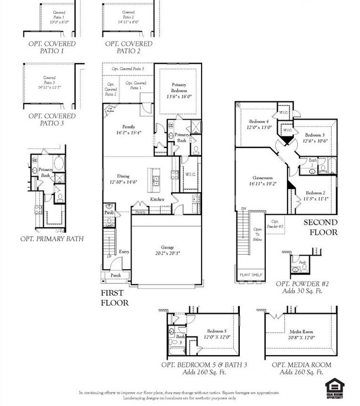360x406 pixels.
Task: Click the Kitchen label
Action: click(x=157, y=199)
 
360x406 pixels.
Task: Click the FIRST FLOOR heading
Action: click(x=115, y=297)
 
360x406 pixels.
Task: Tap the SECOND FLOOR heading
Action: click(x=320, y=227)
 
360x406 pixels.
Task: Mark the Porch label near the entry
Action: click(x=115, y=275)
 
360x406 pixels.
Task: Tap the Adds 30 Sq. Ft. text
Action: click(x=301, y=290)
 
